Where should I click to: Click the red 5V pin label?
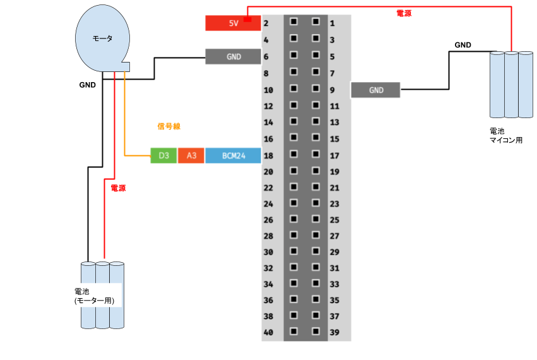[233, 23]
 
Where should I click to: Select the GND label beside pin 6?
[233, 56]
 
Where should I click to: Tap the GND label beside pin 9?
[375, 90]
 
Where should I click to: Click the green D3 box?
[163, 155]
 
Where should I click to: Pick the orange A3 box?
[191, 155]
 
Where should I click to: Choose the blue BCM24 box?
[233, 155]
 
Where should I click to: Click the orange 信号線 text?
[168, 126]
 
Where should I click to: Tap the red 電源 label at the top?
[404, 13]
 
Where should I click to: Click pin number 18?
[268, 155]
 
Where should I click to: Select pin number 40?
[268, 332]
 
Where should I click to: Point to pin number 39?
[334, 332]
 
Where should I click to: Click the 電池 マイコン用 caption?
[506, 136]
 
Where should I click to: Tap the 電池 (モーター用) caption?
[94, 296]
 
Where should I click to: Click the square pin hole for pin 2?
[293, 21]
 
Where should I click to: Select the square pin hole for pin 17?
[316, 153]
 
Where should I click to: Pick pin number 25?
[334, 220]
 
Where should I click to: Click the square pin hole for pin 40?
[293, 330]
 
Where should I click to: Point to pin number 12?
[268, 106]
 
